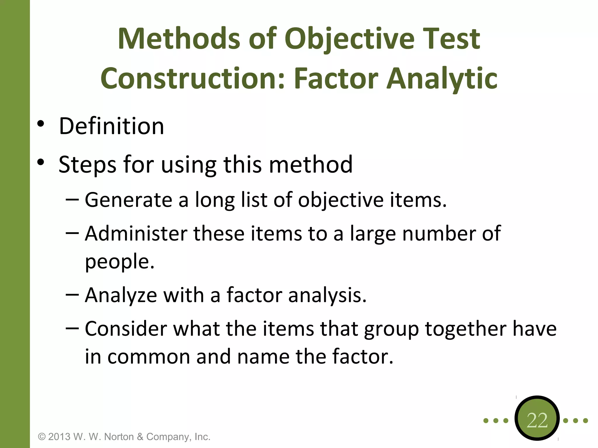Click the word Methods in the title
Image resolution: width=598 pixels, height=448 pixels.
179,39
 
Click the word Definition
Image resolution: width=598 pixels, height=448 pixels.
111,126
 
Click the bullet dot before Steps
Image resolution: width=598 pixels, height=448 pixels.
41,162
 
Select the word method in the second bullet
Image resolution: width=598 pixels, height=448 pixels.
310,164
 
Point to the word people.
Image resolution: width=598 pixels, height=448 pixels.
119,262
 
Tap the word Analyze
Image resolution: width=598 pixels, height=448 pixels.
121,295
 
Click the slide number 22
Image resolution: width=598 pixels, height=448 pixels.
537,420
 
